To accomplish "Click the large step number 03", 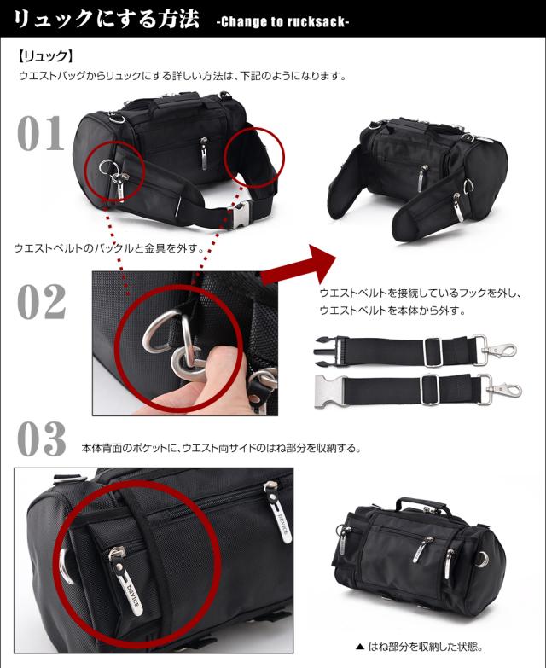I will (41, 440).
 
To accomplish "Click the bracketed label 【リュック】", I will (44, 58).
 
